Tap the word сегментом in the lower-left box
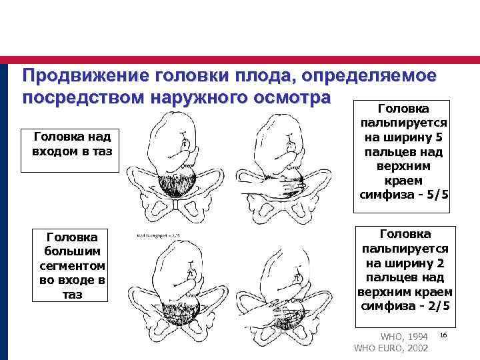[71, 265]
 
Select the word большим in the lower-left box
[71, 251]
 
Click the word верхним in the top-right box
[403, 167]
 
